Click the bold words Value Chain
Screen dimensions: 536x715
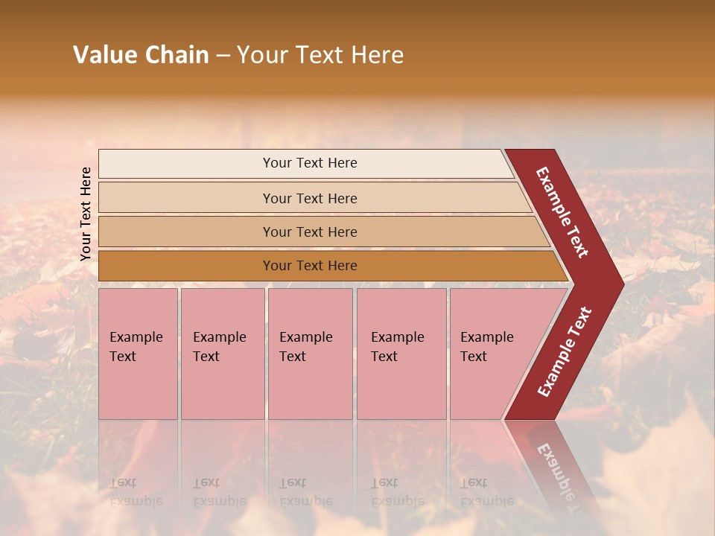141,55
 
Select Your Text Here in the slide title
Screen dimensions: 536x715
320,55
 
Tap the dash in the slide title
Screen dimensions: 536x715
223,56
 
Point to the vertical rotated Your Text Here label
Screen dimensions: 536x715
86,214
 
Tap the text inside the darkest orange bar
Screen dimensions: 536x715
310,266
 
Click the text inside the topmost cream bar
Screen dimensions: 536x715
310,163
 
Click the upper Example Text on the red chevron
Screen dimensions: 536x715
562,212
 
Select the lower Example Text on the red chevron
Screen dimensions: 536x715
564,351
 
